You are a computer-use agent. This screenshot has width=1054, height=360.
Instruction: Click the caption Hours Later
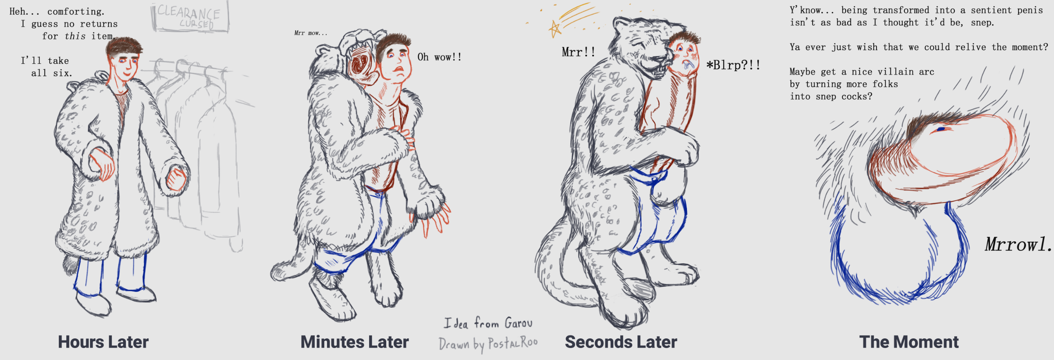tap(103, 342)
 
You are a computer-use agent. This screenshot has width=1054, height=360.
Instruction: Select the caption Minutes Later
tap(354, 342)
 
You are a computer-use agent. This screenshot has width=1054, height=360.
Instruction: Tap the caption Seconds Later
tap(621, 342)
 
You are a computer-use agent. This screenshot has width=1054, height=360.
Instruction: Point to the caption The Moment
tap(909, 342)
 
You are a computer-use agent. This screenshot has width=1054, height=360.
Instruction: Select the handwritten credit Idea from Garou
tap(488, 323)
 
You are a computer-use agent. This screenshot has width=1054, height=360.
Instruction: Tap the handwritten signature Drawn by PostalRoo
tap(488, 344)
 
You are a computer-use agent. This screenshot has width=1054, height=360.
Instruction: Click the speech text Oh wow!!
tap(439, 57)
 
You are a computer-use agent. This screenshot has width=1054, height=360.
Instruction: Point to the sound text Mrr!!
tap(579, 52)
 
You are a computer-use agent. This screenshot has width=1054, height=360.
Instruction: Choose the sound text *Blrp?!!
tap(734, 65)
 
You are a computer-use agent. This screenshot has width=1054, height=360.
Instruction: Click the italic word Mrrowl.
tap(1018, 244)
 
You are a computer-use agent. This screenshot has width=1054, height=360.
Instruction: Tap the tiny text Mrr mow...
tap(311, 33)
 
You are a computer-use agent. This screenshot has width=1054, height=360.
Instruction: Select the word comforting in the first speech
tap(76, 12)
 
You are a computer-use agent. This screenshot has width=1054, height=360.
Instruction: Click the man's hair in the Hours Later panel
tap(124, 46)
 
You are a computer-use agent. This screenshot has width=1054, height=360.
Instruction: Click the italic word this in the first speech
tap(75, 36)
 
